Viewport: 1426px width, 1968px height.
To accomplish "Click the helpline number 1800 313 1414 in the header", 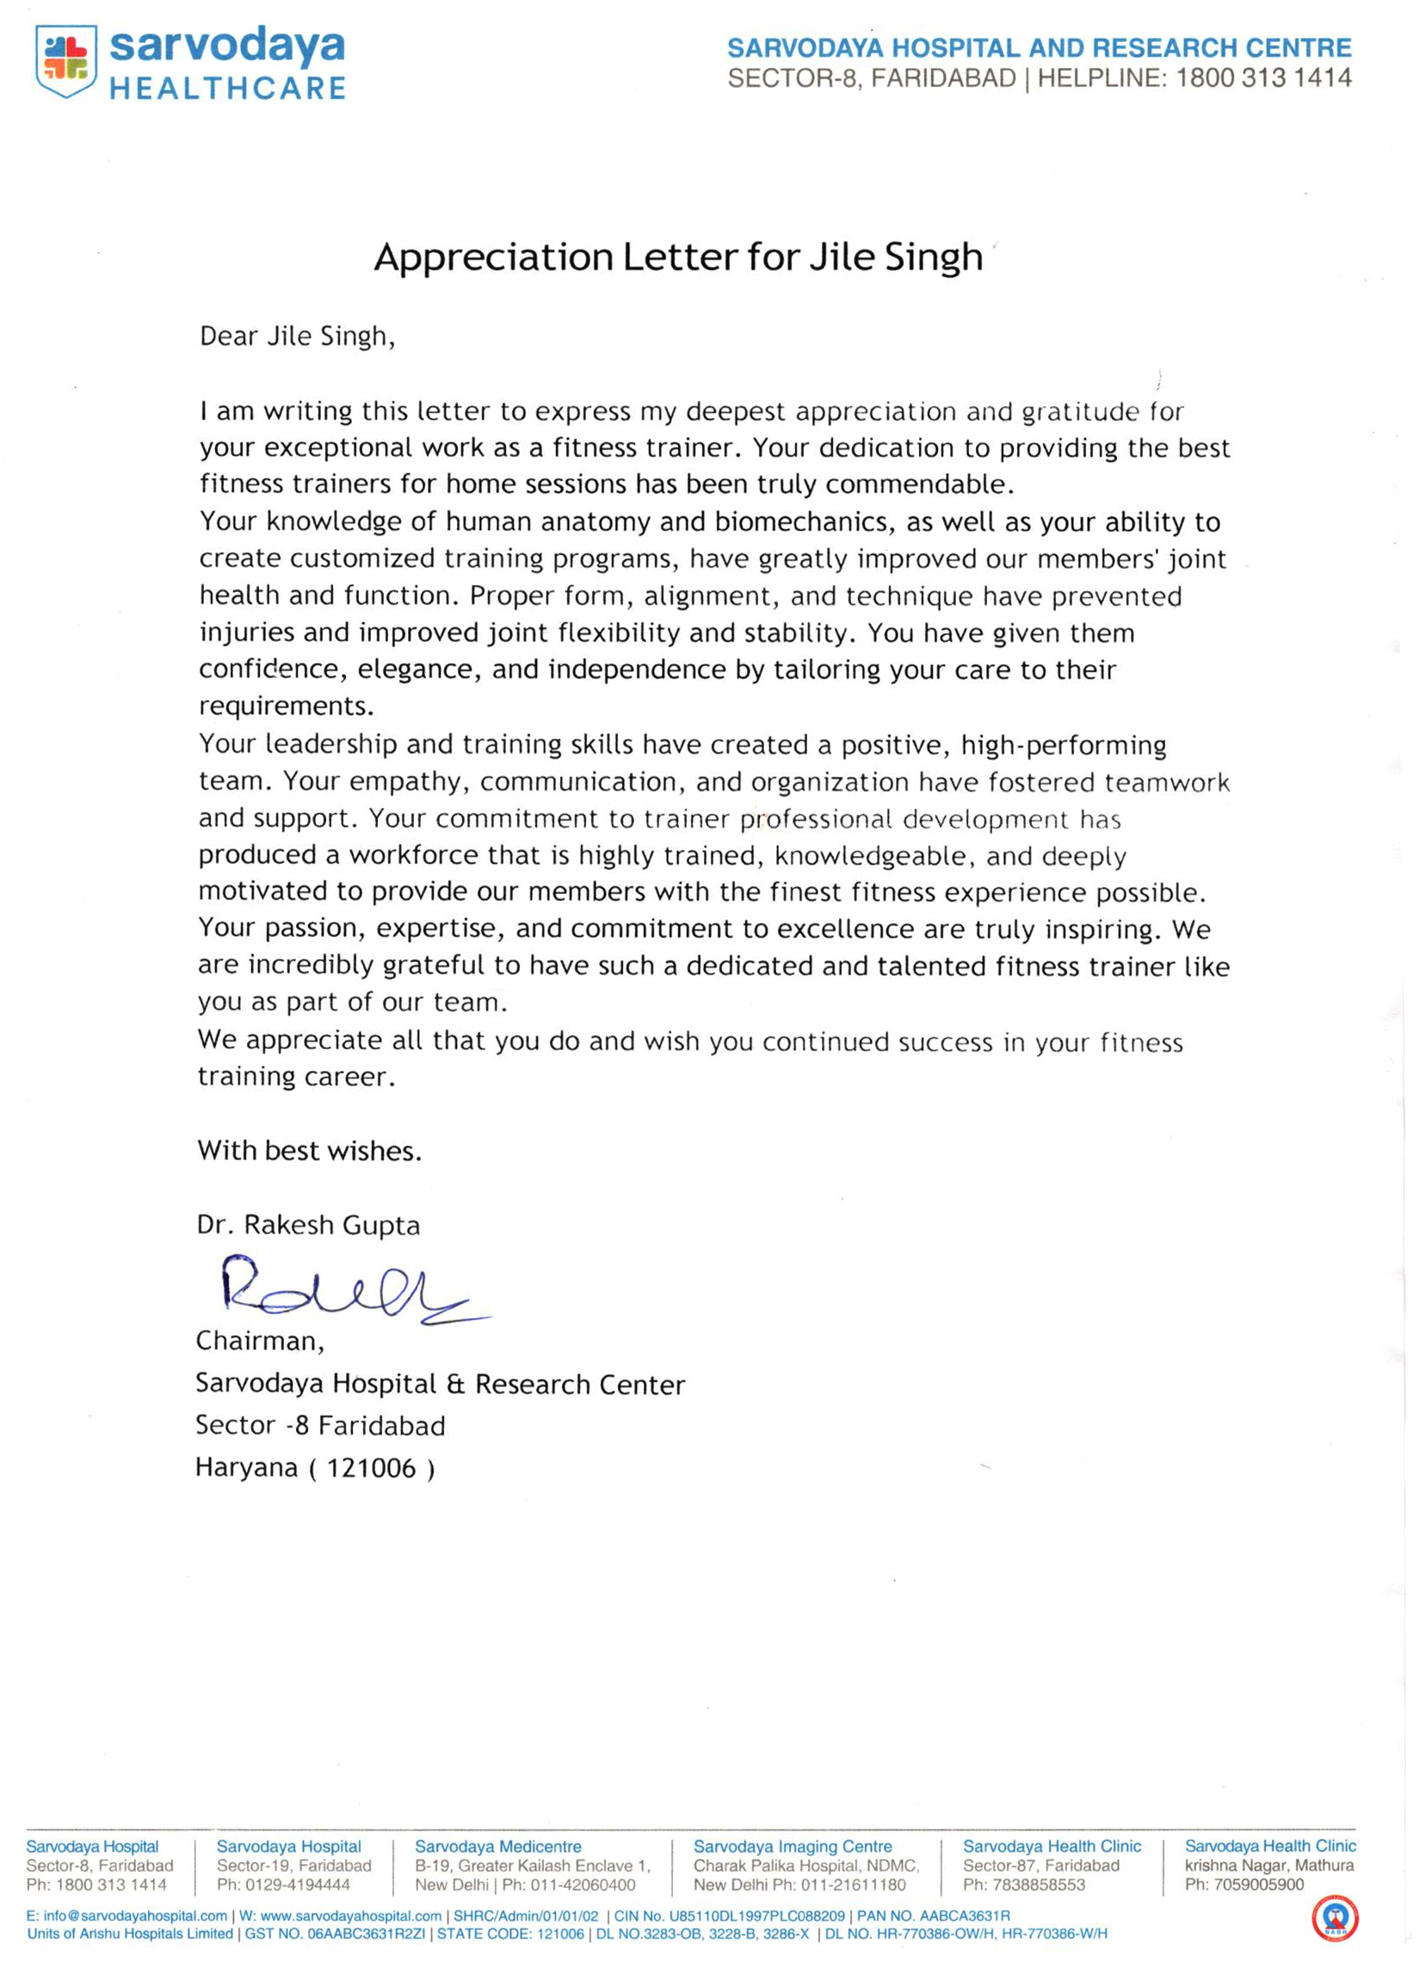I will pyautogui.click(x=1262, y=79).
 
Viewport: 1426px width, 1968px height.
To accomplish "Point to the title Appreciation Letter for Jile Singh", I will pyautogui.click(x=678, y=257).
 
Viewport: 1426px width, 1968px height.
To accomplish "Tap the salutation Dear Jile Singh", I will pyautogui.click(x=297, y=336).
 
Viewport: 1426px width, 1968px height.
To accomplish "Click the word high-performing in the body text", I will pyautogui.click(x=1063, y=745).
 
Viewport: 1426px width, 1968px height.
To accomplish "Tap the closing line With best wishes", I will pyautogui.click(x=309, y=1151).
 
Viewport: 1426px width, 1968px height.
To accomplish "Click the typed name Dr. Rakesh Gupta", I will pyautogui.click(x=308, y=1225).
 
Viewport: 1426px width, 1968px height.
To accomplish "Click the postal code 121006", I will pyautogui.click(x=372, y=1468).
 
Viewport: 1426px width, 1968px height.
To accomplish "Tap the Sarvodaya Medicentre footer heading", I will pyautogui.click(x=497, y=1847).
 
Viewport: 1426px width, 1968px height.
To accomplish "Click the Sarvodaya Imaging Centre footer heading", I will pyautogui.click(x=793, y=1847).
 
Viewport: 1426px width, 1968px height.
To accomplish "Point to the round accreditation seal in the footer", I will pyautogui.click(x=1335, y=1919).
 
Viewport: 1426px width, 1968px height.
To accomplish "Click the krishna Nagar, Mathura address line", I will pyautogui.click(x=1269, y=1866).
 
